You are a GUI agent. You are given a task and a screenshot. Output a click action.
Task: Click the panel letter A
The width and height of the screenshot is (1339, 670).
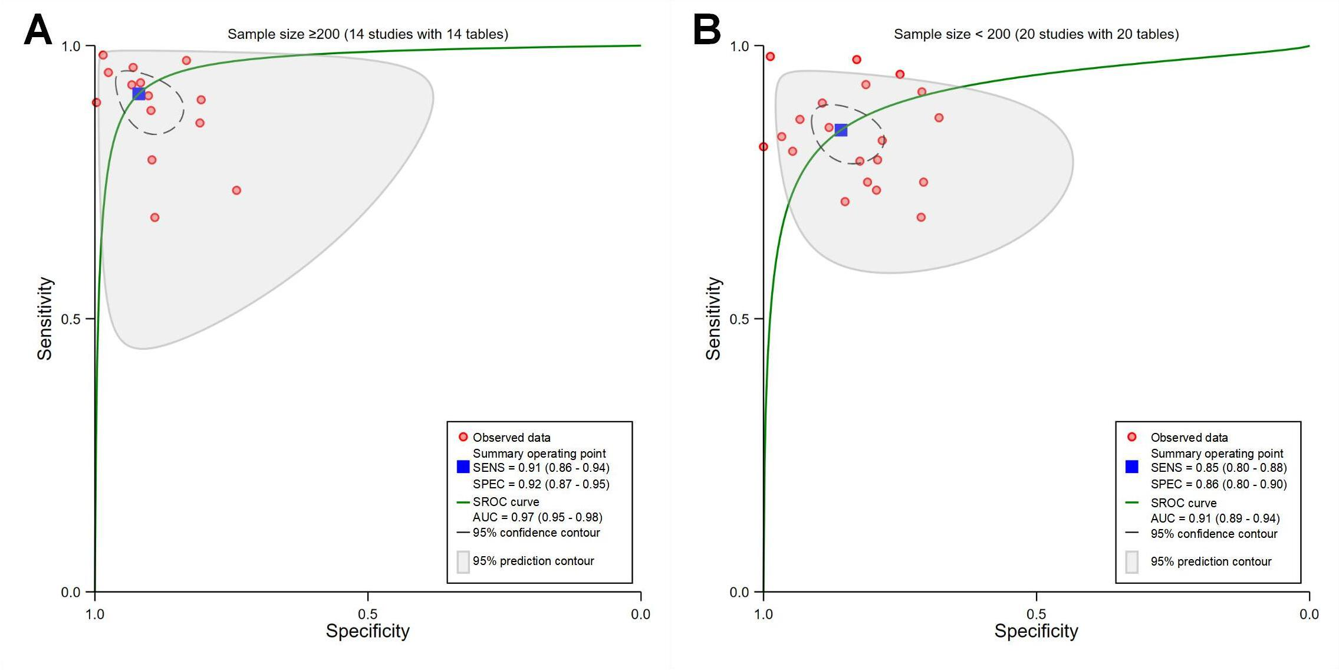coord(38,30)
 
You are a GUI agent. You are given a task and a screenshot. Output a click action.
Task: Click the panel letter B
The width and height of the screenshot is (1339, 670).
coord(706,30)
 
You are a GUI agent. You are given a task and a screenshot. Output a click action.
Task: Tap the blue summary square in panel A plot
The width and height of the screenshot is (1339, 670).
coord(139,94)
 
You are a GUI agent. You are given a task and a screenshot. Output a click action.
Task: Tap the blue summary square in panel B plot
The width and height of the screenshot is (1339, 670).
coord(841,130)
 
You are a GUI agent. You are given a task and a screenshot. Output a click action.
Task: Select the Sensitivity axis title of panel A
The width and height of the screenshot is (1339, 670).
coord(45,318)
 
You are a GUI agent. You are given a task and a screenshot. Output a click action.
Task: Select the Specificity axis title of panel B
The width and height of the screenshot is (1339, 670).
coord(1036,631)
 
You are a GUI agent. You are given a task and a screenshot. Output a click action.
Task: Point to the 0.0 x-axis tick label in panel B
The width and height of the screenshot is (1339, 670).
coord(1309,615)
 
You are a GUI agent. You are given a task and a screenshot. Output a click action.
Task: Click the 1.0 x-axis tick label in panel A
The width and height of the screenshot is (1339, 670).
coord(95,615)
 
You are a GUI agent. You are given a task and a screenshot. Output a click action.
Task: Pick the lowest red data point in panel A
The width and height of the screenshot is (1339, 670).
coord(154,218)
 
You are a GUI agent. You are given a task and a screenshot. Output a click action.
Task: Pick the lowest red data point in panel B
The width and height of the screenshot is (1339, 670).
coord(921,217)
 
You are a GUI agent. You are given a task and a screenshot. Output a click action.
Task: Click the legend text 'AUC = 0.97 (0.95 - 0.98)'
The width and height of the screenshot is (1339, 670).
coord(537,517)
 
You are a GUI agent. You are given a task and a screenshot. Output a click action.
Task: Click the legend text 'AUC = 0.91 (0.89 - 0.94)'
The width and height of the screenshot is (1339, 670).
coord(1215,518)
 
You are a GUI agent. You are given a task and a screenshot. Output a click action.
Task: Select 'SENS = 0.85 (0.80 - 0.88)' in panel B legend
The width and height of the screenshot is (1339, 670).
coord(1218,468)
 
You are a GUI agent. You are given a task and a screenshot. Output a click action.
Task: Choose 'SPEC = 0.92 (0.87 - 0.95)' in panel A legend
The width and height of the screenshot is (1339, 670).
coord(541,484)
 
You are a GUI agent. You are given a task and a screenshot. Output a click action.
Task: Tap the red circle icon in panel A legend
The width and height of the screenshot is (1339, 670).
coord(463,437)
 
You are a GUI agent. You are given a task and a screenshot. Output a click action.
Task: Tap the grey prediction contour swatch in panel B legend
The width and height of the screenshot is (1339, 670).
coord(1131,561)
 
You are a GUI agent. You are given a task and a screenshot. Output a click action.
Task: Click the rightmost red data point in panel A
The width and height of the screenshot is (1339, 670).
coord(236,191)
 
